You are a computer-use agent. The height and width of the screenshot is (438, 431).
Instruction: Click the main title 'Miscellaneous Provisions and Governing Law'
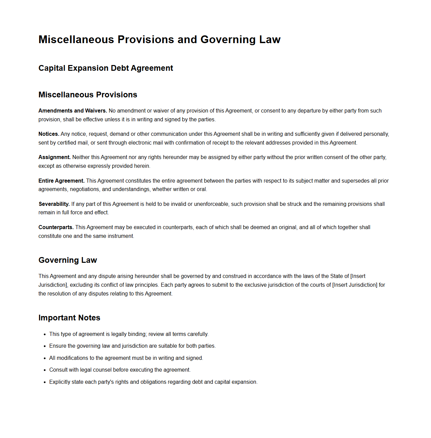coord(159,39)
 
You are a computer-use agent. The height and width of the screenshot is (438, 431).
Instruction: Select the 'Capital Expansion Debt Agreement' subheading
coord(106,68)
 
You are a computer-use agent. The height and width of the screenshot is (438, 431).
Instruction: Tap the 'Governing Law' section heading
coord(67,260)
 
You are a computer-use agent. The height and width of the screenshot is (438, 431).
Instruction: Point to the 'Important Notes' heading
coord(69,318)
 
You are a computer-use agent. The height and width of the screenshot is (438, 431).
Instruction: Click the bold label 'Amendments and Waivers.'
coord(73,111)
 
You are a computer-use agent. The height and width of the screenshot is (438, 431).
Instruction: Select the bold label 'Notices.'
coord(49,134)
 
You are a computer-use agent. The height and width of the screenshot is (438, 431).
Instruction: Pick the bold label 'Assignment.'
coord(54,157)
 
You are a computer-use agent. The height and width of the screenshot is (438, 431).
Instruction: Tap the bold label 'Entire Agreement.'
coord(61,181)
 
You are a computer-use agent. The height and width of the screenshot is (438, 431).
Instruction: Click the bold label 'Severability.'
coord(54,204)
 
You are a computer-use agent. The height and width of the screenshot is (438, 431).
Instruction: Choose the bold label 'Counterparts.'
coord(56,227)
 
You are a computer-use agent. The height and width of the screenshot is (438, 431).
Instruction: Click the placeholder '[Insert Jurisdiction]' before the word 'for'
coord(355,285)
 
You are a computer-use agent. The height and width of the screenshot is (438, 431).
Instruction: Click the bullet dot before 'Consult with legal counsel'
coord(45,370)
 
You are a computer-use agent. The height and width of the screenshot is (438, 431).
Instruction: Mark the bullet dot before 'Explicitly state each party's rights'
coord(45,382)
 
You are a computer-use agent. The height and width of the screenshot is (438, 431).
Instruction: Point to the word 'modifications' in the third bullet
coord(72,358)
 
